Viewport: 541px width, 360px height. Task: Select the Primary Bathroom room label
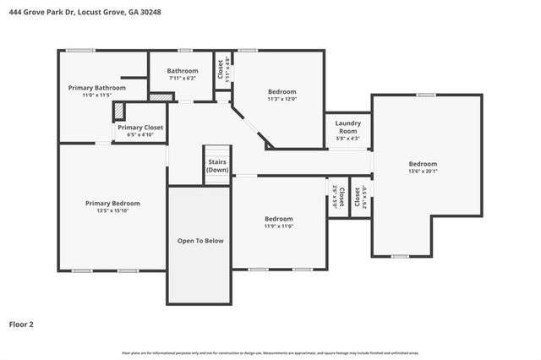point(97,88)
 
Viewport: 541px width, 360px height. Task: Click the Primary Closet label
point(140,128)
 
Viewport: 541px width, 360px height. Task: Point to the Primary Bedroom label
point(112,203)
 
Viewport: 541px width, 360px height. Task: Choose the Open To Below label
point(200,241)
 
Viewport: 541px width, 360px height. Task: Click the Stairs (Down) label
point(217,165)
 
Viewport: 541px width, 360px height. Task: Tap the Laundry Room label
point(348,127)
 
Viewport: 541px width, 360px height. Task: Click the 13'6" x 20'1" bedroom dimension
point(423,172)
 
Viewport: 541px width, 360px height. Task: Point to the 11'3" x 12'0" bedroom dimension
point(282,99)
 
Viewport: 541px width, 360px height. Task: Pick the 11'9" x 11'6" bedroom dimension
point(278,226)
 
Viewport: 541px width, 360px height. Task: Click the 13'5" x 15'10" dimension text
point(112,210)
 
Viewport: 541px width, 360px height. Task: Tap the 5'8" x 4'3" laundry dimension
point(348,139)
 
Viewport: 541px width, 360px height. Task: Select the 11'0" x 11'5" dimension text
point(97,95)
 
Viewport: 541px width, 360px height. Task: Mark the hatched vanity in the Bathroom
point(159,97)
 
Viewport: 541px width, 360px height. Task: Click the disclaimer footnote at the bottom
point(270,352)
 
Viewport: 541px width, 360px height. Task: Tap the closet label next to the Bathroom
point(220,68)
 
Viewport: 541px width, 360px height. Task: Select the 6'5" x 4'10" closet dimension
point(140,135)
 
